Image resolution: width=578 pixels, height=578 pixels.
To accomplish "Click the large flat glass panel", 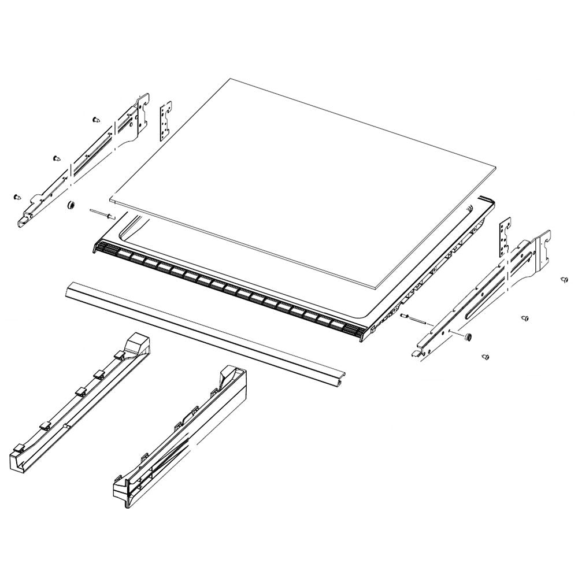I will point(301,179).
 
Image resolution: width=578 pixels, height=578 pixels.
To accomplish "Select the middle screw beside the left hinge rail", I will point(55,157).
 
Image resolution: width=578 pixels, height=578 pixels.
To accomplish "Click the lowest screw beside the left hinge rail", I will point(16,197).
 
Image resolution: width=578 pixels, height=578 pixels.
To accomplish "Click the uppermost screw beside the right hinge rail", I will point(563,280).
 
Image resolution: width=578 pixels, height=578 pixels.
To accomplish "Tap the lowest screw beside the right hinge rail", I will point(486,357).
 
